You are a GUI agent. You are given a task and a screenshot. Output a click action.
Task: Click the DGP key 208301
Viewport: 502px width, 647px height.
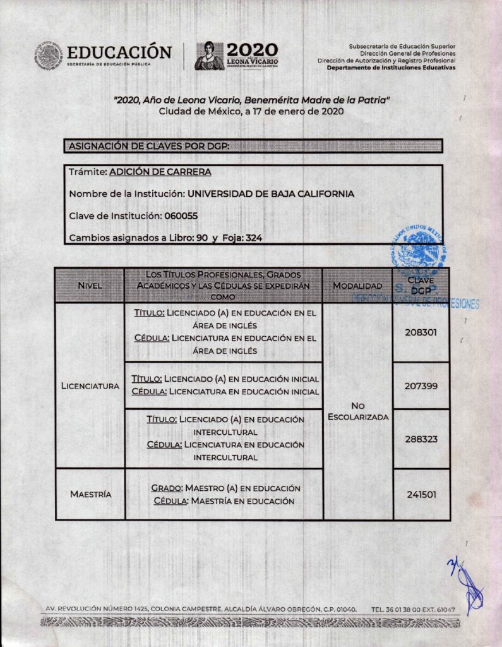tap(421, 332)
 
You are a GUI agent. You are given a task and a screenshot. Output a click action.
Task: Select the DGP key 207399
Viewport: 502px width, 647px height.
tap(421, 385)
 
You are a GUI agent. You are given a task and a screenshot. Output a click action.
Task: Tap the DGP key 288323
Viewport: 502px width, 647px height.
tap(421, 438)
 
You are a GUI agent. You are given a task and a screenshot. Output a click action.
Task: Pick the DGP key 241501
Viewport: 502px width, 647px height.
tap(421, 495)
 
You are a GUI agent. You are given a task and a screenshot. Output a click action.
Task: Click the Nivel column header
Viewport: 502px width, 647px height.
tap(90, 286)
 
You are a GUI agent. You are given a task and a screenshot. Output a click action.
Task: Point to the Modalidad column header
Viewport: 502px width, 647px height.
tap(357, 286)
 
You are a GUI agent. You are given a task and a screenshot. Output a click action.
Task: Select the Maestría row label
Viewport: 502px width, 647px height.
tap(90, 494)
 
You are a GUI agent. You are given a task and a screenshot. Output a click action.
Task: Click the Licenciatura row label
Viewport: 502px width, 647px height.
tap(90, 385)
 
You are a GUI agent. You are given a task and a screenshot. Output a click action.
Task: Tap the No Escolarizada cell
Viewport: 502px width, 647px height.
tap(358, 411)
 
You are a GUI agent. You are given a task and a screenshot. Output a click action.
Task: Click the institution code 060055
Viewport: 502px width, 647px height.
tap(181, 216)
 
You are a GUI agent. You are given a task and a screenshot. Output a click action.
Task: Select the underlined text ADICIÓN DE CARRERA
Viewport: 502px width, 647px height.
tap(160, 171)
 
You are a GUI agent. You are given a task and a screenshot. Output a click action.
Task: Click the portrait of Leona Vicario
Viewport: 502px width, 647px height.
tap(210, 56)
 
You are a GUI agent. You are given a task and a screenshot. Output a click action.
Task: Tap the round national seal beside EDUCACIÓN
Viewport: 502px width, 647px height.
tap(49, 56)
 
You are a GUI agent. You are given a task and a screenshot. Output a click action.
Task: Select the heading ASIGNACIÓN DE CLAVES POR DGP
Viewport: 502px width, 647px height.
tap(148, 147)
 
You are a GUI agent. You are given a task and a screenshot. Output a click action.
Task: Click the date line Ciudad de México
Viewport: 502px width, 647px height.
tap(251, 111)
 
